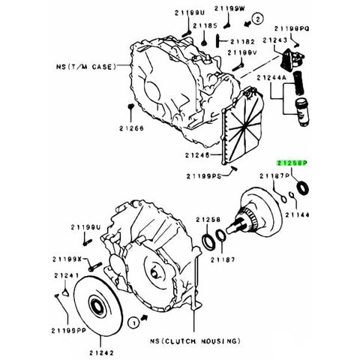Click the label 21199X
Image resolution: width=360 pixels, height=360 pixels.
tap(67, 259)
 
